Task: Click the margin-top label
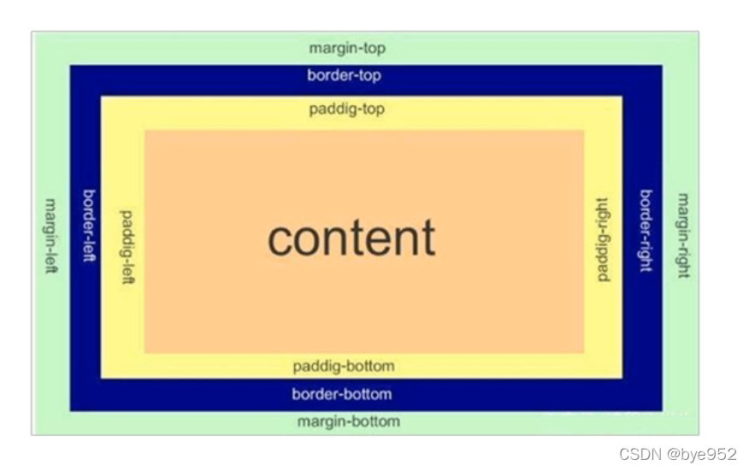point(347,49)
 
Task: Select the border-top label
point(345,76)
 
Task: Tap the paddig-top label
point(346,109)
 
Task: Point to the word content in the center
point(351,238)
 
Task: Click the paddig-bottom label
point(344,367)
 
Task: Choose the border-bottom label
point(342,394)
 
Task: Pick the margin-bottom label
point(348,421)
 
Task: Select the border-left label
point(90,226)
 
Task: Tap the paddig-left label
point(129,247)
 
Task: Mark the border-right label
point(646,231)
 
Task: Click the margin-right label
point(682,235)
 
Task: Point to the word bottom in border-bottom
point(368,394)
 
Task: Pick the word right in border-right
point(646,255)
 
